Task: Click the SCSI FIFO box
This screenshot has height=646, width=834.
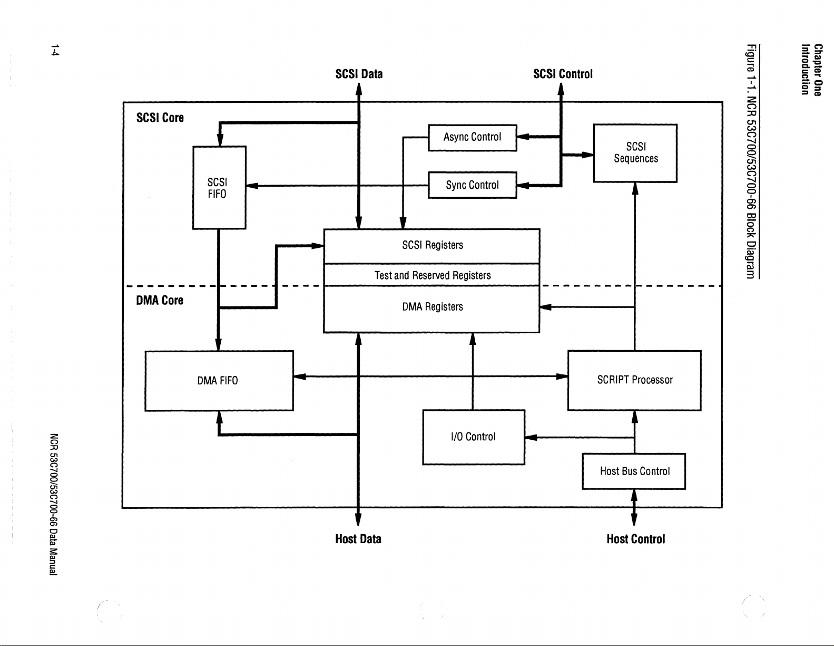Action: [219, 187]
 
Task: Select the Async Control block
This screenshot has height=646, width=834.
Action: [472, 137]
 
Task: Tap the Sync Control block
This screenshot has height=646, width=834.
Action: [472, 185]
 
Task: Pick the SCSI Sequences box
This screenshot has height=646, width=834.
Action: [635, 153]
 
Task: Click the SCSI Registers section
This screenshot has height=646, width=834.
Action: [432, 245]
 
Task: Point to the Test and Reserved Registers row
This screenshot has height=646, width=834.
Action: [432, 275]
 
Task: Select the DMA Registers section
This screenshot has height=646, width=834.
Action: [432, 307]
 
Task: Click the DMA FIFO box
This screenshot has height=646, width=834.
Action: [219, 380]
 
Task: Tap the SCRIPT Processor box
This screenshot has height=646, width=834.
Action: [634, 380]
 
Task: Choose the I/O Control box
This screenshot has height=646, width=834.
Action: [473, 437]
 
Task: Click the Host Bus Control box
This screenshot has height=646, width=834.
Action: [634, 471]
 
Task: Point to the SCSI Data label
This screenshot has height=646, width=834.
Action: [359, 74]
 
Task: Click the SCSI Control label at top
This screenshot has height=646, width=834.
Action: [563, 74]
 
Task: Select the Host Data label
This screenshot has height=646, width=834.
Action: [358, 539]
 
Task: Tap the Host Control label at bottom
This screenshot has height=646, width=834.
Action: [635, 539]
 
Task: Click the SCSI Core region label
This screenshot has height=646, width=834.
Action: [160, 118]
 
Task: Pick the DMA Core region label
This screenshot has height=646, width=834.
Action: [160, 301]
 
